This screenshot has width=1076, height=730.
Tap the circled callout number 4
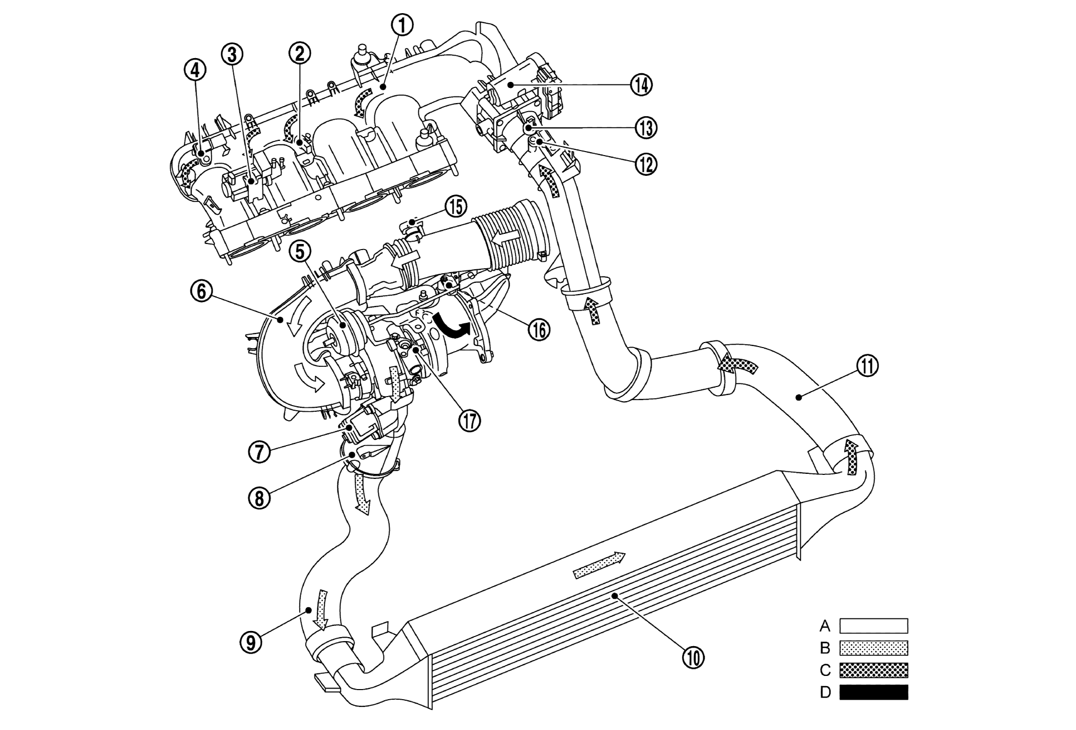click(x=195, y=71)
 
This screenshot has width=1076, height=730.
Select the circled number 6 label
click(x=201, y=293)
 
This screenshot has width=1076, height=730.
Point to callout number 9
click(x=251, y=642)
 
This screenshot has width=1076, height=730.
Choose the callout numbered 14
click(x=641, y=85)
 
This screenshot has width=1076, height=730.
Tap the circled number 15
click(x=456, y=206)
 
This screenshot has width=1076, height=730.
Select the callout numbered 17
click(x=469, y=420)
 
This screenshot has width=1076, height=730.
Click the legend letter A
click(x=824, y=626)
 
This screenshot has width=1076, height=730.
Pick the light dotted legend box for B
click(x=873, y=648)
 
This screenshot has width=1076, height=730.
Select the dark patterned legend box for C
click(x=873, y=670)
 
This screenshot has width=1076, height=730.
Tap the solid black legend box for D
click(x=873, y=692)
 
